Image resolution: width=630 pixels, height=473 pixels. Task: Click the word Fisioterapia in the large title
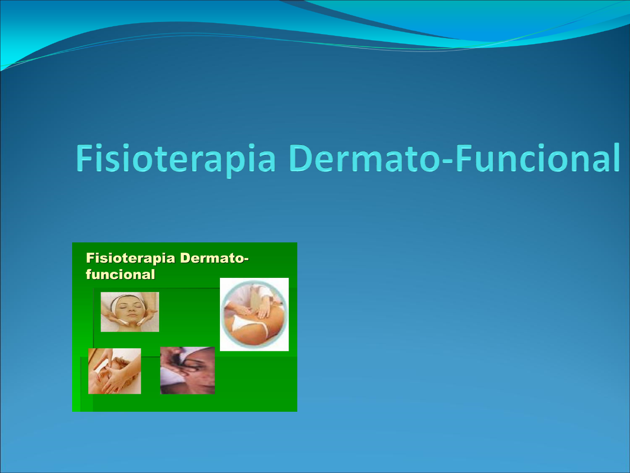tap(176, 159)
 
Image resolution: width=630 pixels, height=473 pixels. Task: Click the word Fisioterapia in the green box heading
tap(131, 258)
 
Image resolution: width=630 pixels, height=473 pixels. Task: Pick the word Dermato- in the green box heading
tap(214, 258)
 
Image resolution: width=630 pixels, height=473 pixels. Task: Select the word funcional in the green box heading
tap(121, 274)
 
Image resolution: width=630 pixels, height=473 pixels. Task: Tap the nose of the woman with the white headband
tap(131, 311)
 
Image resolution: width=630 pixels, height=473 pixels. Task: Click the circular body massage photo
tap(254, 315)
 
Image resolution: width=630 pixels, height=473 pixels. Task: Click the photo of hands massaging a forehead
tap(115, 371)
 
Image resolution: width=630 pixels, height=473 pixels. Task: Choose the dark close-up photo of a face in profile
tap(188, 371)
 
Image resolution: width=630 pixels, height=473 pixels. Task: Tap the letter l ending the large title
tap(616, 158)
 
